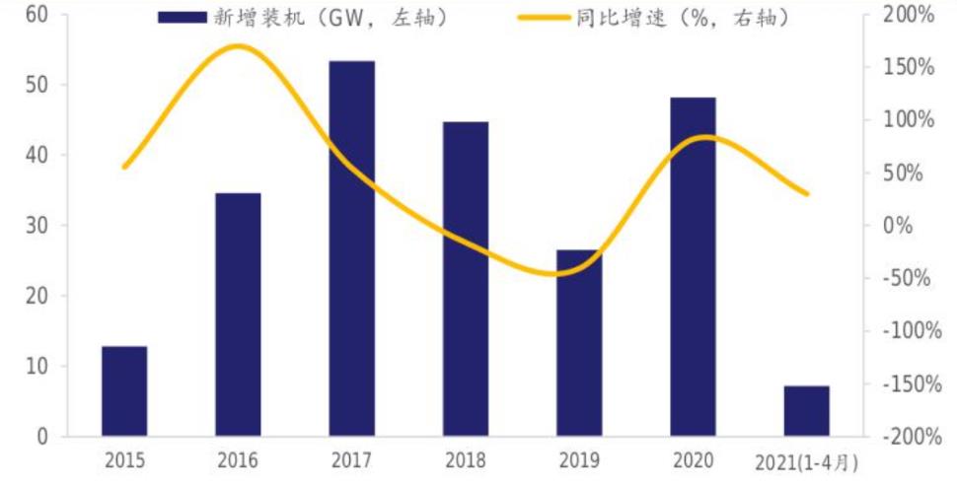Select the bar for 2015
(x=124, y=391)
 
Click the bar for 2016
(x=238, y=314)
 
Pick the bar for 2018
(x=466, y=279)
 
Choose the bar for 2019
(x=579, y=343)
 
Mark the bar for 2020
(x=693, y=266)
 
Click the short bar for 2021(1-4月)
(x=807, y=411)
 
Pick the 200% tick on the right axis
(x=908, y=15)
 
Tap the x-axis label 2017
(x=351, y=461)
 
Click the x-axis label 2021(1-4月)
(x=807, y=461)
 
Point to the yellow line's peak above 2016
(x=239, y=46)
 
